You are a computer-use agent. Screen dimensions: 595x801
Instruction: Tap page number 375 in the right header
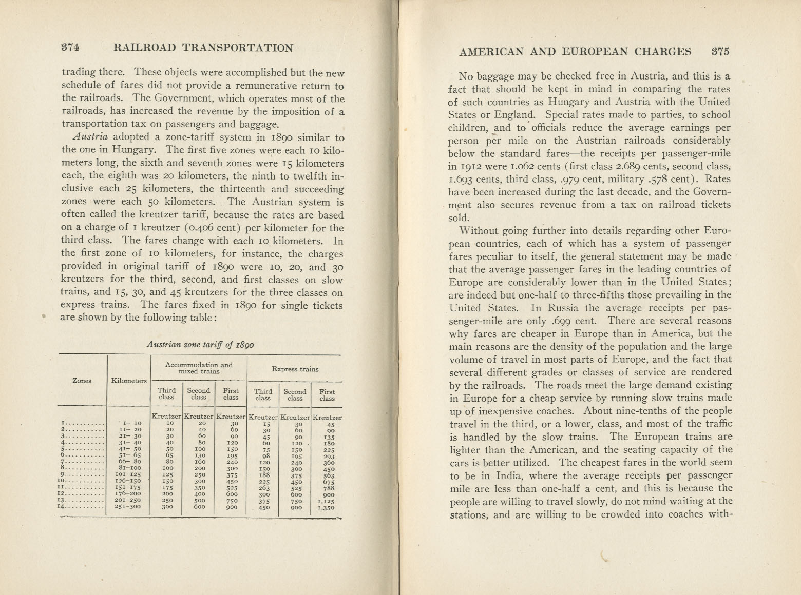tap(720, 51)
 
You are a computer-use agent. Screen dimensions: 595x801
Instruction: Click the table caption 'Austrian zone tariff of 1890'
tap(200, 345)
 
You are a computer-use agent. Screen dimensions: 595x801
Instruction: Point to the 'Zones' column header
tap(82, 381)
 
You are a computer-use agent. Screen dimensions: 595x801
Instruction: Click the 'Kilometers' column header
tap(129, 381)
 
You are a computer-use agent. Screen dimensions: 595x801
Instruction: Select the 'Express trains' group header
tap(295, 369)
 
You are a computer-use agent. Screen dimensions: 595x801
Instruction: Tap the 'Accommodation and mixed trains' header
tap(198, 368)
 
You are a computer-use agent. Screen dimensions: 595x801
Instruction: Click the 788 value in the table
tap(329, 488)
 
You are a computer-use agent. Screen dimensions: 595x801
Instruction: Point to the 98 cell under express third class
tap(263, 456)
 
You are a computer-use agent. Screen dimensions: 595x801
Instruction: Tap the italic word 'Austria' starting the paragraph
tap(90, 137)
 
